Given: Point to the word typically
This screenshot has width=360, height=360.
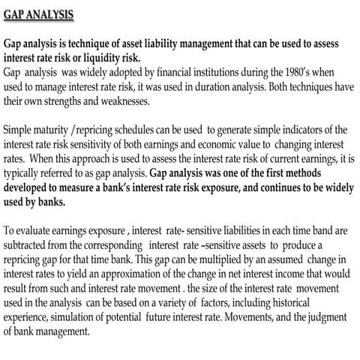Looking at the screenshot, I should point(23,172).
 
